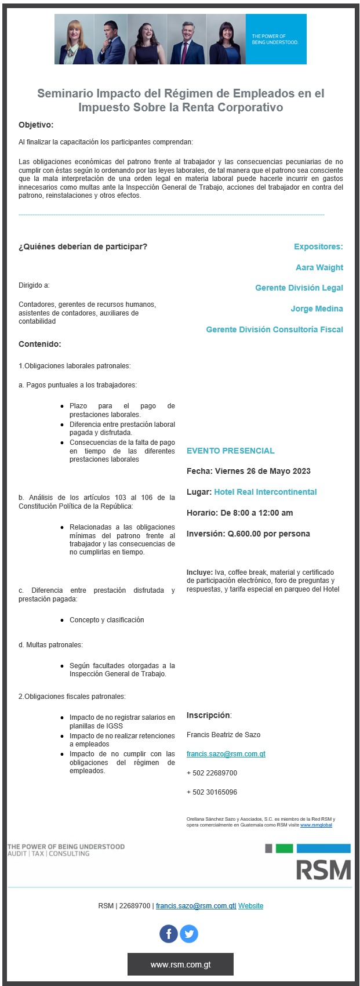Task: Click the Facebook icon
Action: tap(169, 934)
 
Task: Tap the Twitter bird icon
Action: tap(189, 934)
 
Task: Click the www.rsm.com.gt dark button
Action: tap(180, 965)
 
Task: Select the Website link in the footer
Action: tap(250, 906)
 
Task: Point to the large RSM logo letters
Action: tap(323, 870)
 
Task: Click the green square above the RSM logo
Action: tap(284, 849)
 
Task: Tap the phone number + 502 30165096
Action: tap(212, 792)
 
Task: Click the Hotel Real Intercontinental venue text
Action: tap(265, 492)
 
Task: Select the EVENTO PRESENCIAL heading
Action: tap(230, 451)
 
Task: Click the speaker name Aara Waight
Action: tap(319, 267)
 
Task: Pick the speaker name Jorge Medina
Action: tap(317, 309)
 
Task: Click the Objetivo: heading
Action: tap(36, 125)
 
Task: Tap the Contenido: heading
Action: tap(40, 344)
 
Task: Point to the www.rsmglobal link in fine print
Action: tap(316, 825)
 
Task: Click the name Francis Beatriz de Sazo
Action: tap(223, 735)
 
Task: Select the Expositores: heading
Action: tap(318, 246)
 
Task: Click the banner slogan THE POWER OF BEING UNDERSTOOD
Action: tap(275, 39)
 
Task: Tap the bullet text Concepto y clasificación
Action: tap(107, 620)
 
